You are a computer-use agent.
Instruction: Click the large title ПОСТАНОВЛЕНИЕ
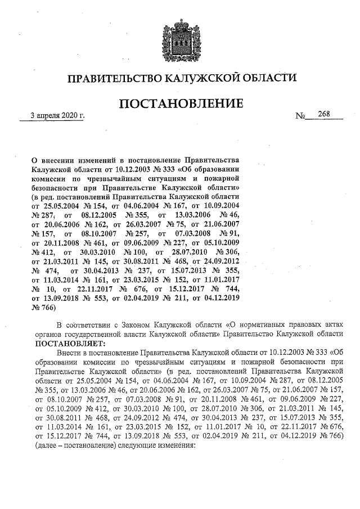pyautogui.click(x=180, y=104)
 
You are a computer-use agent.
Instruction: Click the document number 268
pyautogui.click(x=323, y=114)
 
